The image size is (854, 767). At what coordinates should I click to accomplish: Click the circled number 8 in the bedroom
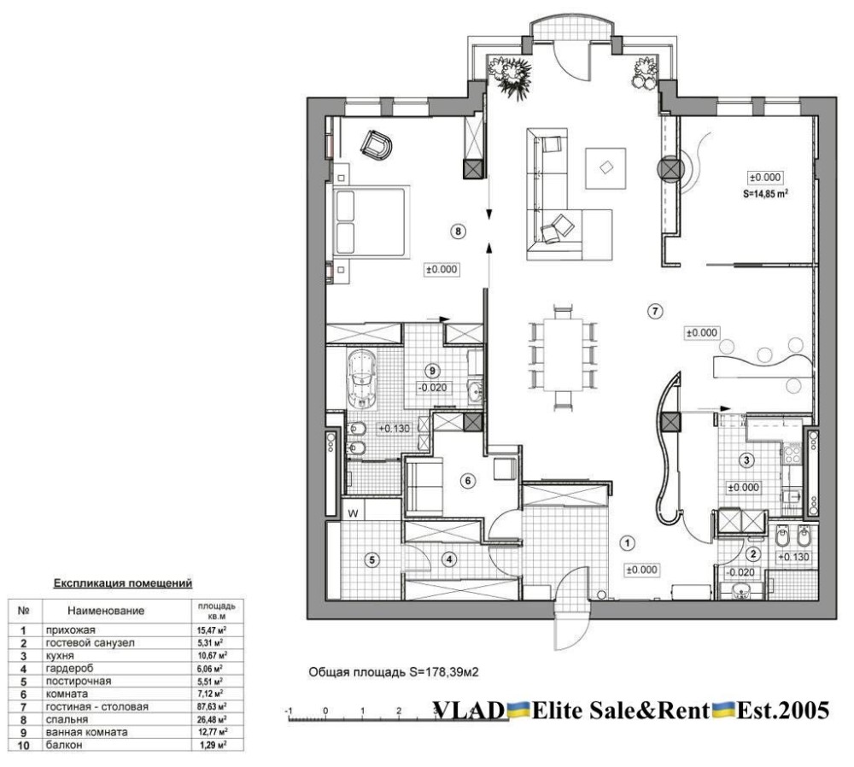click(x=458, y=231)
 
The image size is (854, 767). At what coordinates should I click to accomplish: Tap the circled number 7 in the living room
click(x=655, y=311)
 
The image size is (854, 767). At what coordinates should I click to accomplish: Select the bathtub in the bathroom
click(x=361, y=379)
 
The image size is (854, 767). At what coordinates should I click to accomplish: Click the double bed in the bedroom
click(x=368, y=221)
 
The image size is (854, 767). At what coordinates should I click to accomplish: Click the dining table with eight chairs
click(x=563, y=354)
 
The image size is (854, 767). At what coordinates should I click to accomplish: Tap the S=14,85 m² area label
click(x=766, y=193)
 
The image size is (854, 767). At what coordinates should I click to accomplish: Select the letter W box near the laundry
click(x=354, y=512)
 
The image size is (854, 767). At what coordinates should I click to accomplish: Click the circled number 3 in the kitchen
click(x=746, y=460)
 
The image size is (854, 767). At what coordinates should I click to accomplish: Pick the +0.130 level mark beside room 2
click(x=793, y=557)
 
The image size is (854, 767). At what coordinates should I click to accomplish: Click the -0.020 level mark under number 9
click(x=432, y=387)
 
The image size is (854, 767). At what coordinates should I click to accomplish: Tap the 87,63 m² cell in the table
click(x=212, y=706)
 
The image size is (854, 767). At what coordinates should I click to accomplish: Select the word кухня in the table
click(x=60, y=656)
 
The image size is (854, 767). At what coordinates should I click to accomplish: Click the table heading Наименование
click(x=106, y=611)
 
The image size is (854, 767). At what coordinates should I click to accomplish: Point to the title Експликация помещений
click(x=122, y=583)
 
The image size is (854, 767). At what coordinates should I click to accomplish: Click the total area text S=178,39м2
click(x=444, y=672)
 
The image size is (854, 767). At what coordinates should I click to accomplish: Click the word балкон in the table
click(x=64, y=745)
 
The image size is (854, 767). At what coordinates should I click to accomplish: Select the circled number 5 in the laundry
click(x=372, y=559)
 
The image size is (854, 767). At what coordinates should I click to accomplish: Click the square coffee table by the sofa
click(x=605, y=167)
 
